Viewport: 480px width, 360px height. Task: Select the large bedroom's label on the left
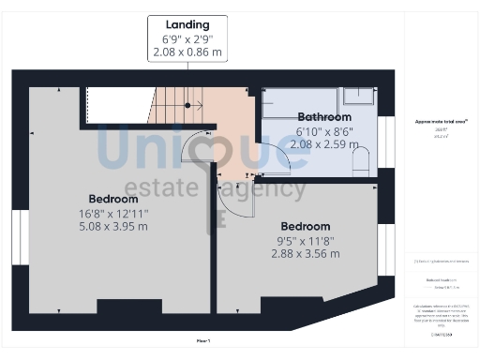(114, 199)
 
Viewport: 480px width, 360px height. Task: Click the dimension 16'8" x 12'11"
(114, 214)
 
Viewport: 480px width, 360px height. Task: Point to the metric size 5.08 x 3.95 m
(114, 228)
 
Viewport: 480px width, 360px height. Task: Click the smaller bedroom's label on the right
(306, 226)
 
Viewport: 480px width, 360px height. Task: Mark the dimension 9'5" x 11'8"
(306, 240)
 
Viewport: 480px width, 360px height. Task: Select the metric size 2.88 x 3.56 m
(306, 254)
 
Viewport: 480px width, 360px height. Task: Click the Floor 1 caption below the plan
(203, 339)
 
